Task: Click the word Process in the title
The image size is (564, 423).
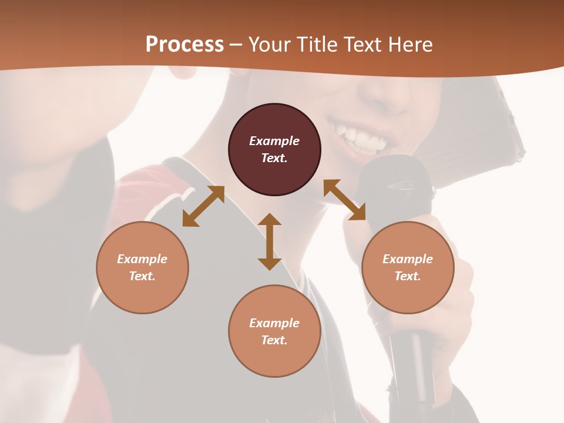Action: click(x=184, y=45)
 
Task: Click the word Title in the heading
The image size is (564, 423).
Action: click(x=315, y=45)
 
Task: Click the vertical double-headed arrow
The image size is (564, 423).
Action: click(x=270, y=241)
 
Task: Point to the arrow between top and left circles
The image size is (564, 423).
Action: click(x=203, y=206)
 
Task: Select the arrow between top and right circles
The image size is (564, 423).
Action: click(x=345, y=200)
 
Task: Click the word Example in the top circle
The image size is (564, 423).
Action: click(x=274, y=141)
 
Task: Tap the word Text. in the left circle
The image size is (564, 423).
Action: click(x=142, y=276)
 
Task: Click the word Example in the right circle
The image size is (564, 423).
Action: click(x=408, y=259)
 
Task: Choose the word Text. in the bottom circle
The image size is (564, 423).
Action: click(x=274, y=340)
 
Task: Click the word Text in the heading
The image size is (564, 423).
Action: click(x=361, y=45)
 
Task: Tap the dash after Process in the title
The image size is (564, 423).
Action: click(x=236, y=45)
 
